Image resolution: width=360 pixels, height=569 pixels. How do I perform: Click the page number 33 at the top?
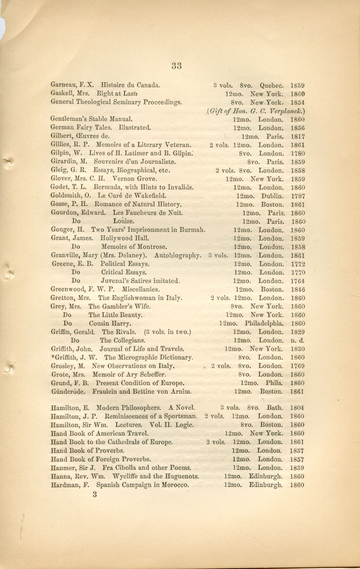(176, 66)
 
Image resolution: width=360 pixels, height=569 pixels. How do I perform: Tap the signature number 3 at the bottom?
(94, 494)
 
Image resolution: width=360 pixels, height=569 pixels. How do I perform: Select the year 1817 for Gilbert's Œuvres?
(298, 137)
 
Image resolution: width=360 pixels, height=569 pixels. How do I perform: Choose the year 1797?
(298, 196)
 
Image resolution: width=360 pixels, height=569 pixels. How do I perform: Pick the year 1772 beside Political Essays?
(298, 264)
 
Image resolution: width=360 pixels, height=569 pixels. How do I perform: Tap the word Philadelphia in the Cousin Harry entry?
(264, 323)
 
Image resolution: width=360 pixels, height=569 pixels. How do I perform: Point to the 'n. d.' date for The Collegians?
(297, 341)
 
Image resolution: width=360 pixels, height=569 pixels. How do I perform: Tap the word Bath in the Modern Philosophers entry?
(274, 407)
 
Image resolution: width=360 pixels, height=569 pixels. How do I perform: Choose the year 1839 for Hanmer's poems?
(297, 468)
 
